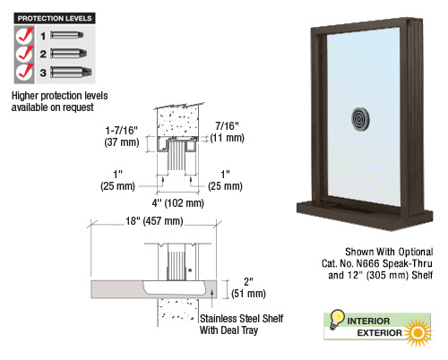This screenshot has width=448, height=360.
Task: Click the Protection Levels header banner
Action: [55, 18]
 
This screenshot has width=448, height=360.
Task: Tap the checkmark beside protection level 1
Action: [24, 36]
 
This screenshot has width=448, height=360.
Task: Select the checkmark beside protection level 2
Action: [24, 54]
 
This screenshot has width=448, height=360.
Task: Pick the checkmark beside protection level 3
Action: [24, 73]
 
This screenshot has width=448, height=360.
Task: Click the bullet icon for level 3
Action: [71, 73]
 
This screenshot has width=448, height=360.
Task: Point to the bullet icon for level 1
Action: [67, 35]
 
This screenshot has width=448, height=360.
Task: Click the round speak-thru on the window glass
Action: [360, 119]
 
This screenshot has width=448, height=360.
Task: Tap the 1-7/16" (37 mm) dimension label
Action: [122, 136]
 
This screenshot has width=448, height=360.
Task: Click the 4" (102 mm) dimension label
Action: [178, 203]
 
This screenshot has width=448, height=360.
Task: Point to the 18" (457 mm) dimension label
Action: [154, 221]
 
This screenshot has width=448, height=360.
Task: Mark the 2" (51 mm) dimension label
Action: [248, 287]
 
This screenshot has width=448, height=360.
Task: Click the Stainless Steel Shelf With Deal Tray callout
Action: [241, 324]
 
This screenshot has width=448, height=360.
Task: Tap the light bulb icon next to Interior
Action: [337, 320]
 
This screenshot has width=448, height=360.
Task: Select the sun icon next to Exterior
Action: [418, 332]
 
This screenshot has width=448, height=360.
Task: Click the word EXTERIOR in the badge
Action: [379, 333]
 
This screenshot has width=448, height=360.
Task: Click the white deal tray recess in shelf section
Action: [175, 287]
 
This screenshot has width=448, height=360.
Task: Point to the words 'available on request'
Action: [53, 107]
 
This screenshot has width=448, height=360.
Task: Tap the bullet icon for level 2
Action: [69, 54]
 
